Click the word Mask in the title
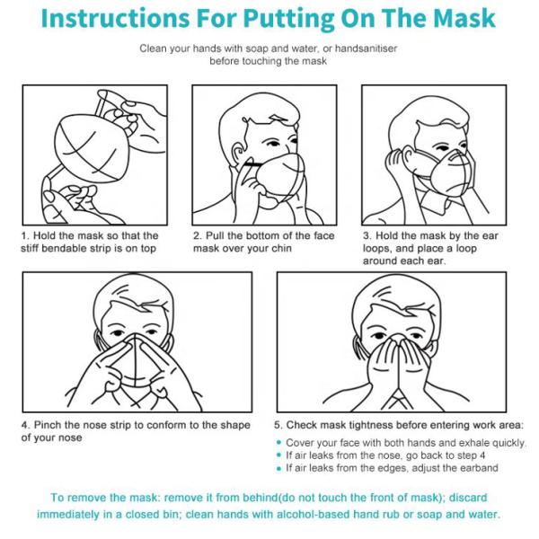[464, 18]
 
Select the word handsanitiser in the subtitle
[367, 49]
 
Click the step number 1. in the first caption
[25, 235]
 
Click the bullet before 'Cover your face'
[278, 442]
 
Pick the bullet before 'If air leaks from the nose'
[278, 455]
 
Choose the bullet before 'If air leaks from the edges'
[278, 468]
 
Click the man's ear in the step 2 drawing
[238, 154]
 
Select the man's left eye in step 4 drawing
[151, 332]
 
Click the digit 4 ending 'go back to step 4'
[482, 455]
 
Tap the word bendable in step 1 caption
[65, 248]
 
